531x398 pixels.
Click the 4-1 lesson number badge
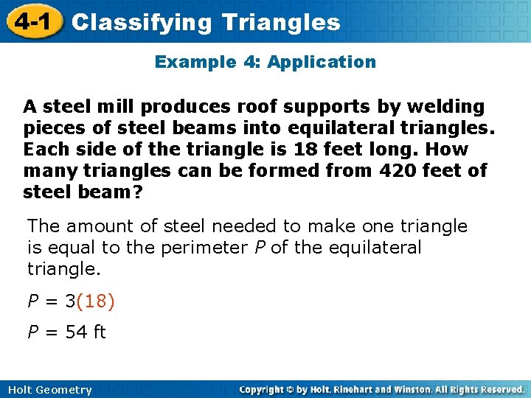point(31,22)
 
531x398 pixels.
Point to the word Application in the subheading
point(322,62)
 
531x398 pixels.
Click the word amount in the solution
point(101,226)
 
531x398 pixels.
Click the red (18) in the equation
point(95,301)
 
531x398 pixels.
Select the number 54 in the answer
point(76,332)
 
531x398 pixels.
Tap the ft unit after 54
point(99,332)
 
